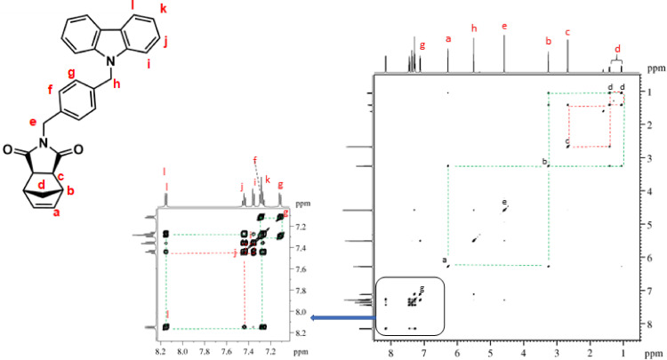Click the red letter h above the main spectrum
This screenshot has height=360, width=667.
(x=474, y=28)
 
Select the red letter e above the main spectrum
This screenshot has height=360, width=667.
(x=504, y=27)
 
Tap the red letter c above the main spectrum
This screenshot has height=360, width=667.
(x=567, y=32)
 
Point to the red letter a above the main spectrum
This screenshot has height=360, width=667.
(x=447, y=39)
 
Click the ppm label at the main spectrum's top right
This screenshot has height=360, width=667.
(x=656, y=68)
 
